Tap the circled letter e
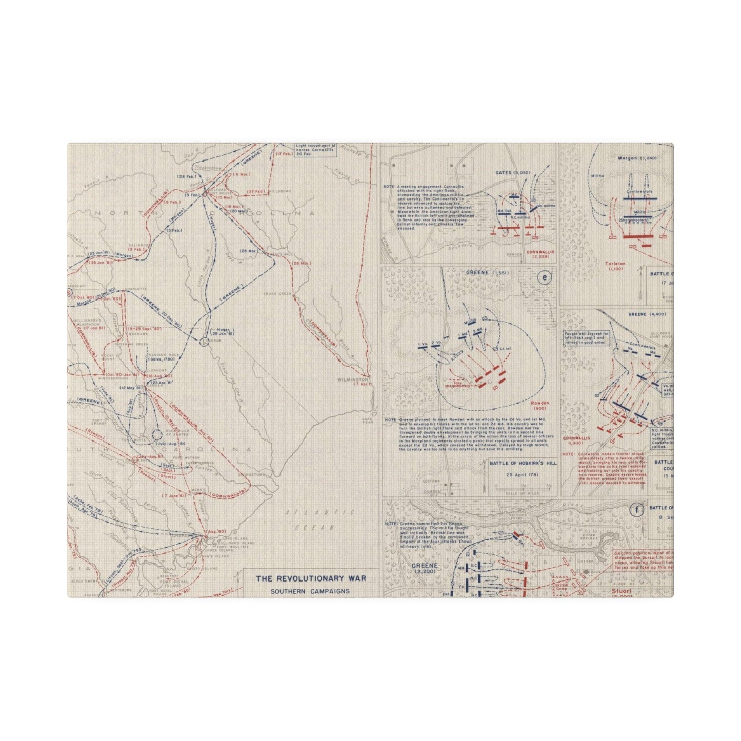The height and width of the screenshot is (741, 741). [544, 278]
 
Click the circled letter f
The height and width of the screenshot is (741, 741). [637, 510]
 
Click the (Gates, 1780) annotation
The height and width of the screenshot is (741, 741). [162, 359]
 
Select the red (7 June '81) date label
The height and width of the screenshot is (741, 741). [173, 496]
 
